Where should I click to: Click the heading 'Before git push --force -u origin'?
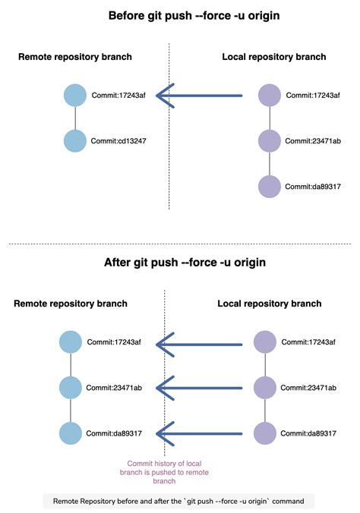(179, 15)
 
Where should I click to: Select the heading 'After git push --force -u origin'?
(179, 263)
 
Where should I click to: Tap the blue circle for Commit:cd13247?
(76, 141)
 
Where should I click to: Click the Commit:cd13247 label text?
(118, 141)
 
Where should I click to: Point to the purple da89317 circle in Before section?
(270, 187)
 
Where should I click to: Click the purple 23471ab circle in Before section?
(270, 141)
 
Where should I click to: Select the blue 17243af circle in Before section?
(76, 96)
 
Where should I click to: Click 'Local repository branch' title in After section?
(269, 304)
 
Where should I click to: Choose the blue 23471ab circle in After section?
(71, 388)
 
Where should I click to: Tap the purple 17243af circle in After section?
(265, 343)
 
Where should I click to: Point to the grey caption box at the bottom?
(179, 502)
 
